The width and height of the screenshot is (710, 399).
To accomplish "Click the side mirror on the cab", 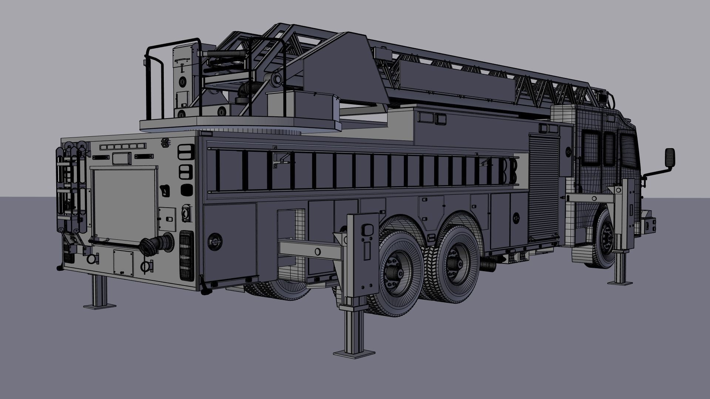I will pyautogui.click(x=670, y=158).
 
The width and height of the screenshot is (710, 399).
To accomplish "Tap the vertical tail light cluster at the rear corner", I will pyautogui.click(x=186, y=255).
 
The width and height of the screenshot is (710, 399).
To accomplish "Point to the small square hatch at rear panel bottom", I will pyautogui.click(x=123, y=262).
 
